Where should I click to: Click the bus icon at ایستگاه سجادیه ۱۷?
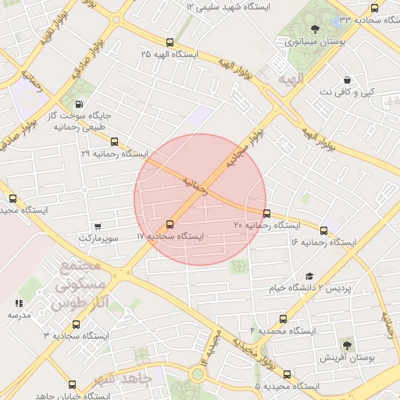(170, 224)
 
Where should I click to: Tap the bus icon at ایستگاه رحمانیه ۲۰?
(267, 213)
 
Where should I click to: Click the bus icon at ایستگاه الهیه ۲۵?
(170, 43)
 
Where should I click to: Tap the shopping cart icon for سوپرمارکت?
(97, 225)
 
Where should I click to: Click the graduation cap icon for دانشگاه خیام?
(309, 277)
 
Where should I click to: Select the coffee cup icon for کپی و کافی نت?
(347, 80)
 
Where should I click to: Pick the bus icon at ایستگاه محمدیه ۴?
(283, 319)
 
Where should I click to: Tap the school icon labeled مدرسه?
(19, 303)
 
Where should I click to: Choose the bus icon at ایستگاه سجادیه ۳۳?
(374, 8)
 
